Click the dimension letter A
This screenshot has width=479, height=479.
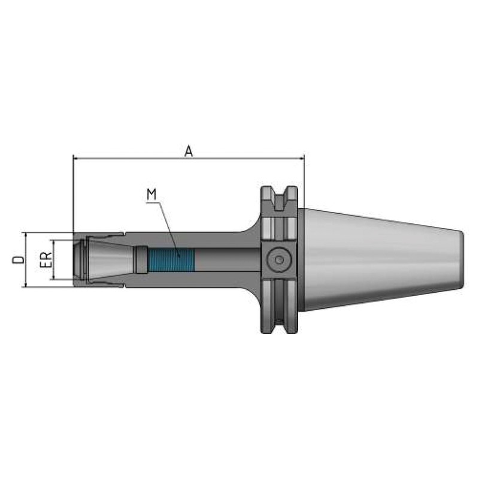point(189,151)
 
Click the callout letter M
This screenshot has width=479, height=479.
point(151,195)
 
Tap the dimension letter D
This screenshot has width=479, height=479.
point(19,259)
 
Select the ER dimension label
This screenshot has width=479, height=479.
point(46,260)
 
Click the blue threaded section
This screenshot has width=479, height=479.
point(171,260)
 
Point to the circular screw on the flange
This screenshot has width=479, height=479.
point(279,260)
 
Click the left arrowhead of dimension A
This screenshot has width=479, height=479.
point(76,158)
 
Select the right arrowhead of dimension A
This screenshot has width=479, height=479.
point(301,158)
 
